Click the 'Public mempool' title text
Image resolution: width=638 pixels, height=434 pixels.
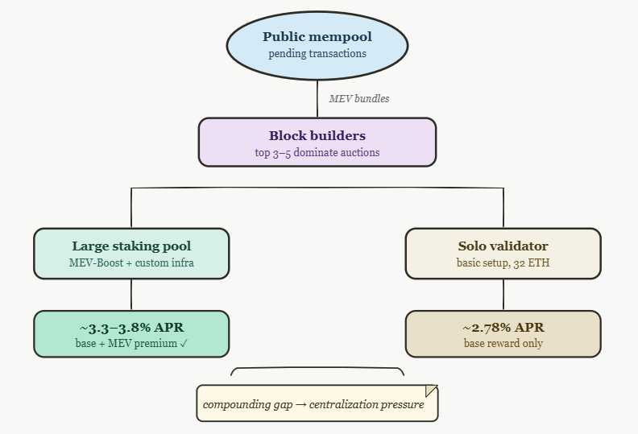tap(317, 36)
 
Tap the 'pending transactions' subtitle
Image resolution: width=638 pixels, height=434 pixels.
tap(317, 54)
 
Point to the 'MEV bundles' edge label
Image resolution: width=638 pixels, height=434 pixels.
tap(359, 99)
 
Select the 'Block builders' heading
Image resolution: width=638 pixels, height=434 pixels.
tap(317, 135)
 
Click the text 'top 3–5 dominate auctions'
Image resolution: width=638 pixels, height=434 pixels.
tap(317, 152)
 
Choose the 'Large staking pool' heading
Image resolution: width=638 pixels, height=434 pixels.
tap(131, 246)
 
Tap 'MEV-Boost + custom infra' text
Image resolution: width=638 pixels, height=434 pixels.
tap(131, 262)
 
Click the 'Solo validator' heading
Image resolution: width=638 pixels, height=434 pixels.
tap(503, 246)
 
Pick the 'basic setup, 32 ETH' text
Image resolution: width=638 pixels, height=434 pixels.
tap(503, 262)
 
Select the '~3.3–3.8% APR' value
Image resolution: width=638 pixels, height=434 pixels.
tap(131, 328)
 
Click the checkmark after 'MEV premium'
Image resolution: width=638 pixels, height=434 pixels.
tap(184, 344)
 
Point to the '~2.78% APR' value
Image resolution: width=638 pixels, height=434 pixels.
tap(503, 328)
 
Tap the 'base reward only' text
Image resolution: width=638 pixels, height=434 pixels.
tap(503, 343)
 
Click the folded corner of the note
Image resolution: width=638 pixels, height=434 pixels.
tap(431, 391)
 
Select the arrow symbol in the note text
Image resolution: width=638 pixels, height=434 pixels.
tap(301, 405)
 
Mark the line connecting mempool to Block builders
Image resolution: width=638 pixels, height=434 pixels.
tap(317, 99)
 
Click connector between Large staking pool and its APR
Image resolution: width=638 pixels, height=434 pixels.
tap(131, 295)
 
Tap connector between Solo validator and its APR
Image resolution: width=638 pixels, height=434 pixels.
tap(503, 295)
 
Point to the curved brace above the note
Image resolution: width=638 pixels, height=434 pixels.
tap(317, 368)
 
